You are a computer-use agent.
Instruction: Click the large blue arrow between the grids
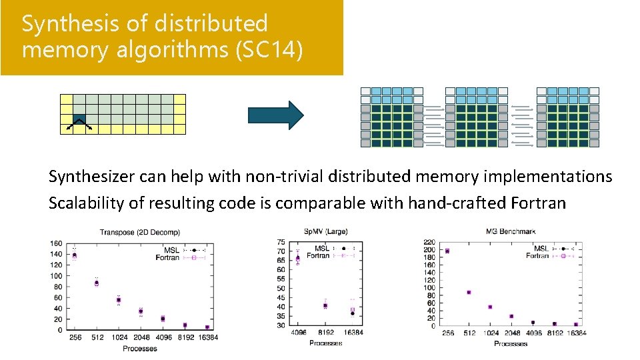(275, 115)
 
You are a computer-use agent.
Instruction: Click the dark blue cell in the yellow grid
(79, 116)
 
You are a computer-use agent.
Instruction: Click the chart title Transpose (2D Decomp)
(133, 232)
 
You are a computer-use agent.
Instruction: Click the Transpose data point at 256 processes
(74, 255)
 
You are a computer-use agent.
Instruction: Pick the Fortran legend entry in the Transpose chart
(168, 257)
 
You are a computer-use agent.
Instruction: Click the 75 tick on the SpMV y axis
(282, 242)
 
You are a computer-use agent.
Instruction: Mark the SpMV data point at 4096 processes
(297, 258)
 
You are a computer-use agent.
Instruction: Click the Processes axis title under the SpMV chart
(325, 343)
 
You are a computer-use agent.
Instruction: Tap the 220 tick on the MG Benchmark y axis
(429, 242)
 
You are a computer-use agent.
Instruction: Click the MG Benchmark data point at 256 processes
(447, 251)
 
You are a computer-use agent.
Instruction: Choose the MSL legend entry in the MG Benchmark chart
(541, 249)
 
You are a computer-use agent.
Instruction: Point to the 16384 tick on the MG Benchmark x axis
(575, 333)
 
